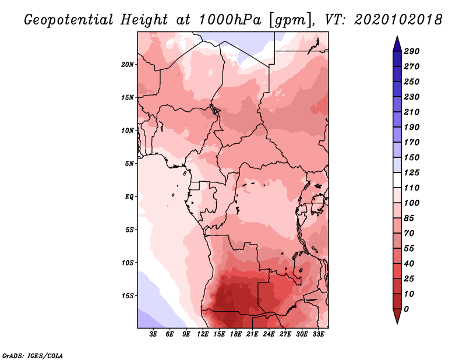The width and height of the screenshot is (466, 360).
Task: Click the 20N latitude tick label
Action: pos(127,65)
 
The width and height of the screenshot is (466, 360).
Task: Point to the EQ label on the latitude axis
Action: pos(129,197)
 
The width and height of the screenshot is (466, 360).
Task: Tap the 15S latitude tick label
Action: pos(127,296)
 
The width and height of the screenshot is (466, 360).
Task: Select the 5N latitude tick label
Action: pos(129,164)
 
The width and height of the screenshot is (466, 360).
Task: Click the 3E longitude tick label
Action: pos(153,334)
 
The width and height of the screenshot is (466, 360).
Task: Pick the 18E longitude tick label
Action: pos(236,334)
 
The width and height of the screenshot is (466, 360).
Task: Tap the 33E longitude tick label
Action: pos(318,334)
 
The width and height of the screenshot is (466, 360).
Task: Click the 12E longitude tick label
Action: pos(203,334)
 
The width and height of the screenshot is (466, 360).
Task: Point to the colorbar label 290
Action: pos(412,51)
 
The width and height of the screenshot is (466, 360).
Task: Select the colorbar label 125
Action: pos(412,172)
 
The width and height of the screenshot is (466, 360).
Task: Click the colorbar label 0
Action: pos(406,309)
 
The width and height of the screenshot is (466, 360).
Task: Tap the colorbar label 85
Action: pos(409,218)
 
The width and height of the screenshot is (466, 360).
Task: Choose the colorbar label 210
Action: pos(412,112)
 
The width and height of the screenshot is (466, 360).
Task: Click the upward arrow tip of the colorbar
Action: pos(397,36)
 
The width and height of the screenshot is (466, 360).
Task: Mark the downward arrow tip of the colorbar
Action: pos(397,323)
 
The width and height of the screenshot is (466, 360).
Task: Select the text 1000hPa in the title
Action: pos(230,20)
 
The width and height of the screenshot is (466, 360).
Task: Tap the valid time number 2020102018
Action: pos(398,20)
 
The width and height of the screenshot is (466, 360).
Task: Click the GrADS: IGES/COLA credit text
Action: pos(33,356)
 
